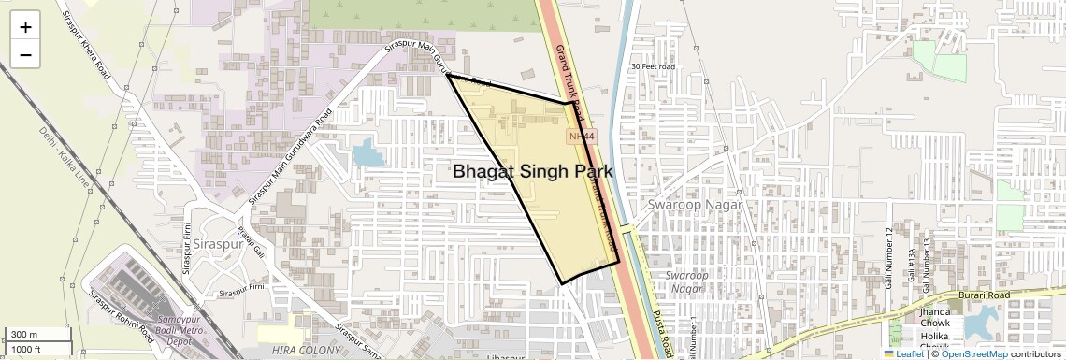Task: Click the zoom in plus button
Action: [x=25, y=27]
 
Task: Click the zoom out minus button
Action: [x=25, y=55]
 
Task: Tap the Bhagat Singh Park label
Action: [x=533, y=172]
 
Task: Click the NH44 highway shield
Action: [x=581, y=137]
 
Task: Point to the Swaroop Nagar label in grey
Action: [x=695, y=205]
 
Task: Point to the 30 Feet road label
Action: [x=653, y=66]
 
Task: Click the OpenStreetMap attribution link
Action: [x=973, y=354]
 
